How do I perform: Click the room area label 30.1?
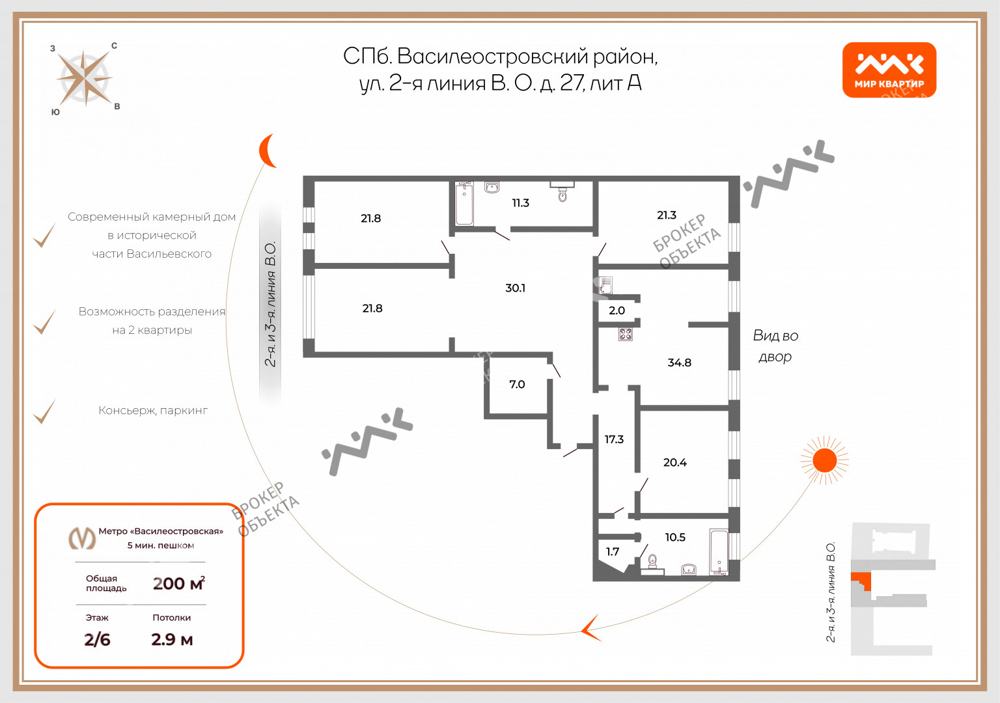point(515,288)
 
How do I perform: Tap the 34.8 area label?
point(679,363)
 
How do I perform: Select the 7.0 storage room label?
point(517,384)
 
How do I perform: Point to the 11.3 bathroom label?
point(521,203)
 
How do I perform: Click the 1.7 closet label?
point(613,552)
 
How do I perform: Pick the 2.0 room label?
point(617,310)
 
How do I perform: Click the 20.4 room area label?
point(674,462)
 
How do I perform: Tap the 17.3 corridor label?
point(614,439)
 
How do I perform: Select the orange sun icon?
point(825,460)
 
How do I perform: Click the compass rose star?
point(85,78)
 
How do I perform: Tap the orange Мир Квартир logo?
point(889,70)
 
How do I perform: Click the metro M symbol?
point(81,538)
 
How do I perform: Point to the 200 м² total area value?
point(179,583)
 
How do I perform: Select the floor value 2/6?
point(97,640)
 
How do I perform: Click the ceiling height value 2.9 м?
point(172,640)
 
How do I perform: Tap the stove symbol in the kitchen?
point(626,335)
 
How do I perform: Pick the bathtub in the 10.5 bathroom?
point(719,552)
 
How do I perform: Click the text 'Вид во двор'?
point(775,346)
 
